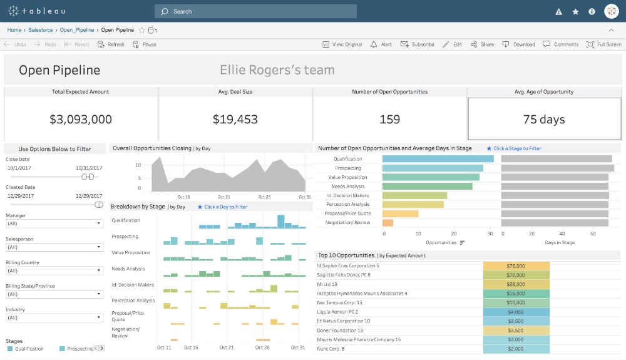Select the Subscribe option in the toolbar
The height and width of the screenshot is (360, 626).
pos(418,44)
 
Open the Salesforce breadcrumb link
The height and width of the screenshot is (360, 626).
pos(41,30)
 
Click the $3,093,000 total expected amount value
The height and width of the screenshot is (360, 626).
pos(81,120)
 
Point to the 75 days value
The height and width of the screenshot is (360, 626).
pos(543,120)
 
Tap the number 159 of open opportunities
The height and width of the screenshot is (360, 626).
pos(389,120)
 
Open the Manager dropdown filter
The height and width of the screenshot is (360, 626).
pos(54,224)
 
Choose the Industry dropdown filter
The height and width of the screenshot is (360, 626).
pos(54,317)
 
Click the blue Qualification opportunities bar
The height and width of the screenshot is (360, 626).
pos(438,159)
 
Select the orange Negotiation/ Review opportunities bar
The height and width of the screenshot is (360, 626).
pos(387,223)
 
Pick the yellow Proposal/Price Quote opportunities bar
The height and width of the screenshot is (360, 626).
pos(400,213)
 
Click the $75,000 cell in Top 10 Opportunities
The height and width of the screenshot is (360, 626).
pos(516,266)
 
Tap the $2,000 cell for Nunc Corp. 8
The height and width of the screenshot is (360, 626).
pos(516,349)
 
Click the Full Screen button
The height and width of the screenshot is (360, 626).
pos(604,44)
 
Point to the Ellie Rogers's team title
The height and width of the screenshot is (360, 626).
pos(277,70)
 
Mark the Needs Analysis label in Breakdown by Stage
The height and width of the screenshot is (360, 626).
pos(128,269)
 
